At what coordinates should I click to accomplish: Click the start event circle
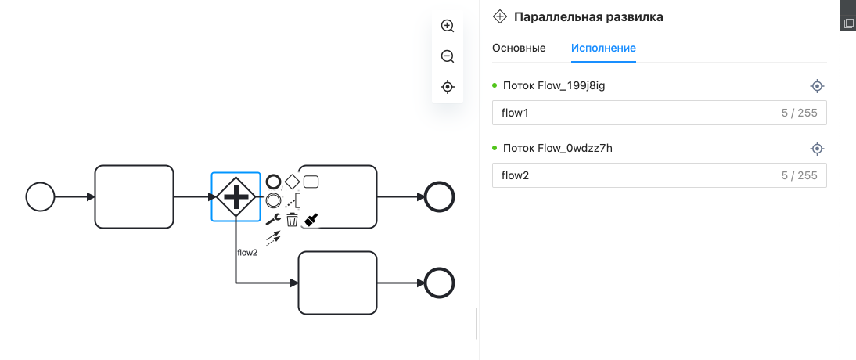[x=40, y=196]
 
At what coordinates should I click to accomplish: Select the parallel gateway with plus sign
[x=236, y=196]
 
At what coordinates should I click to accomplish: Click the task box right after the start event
[x=134, y=196]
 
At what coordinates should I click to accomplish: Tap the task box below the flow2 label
[x=337, y=283]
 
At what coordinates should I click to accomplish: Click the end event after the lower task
[x=438, y=283]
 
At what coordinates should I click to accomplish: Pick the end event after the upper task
[x=438, y=196]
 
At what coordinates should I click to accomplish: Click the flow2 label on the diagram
[x=247, y=253]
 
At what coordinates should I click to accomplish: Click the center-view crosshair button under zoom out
[x=448, y=87]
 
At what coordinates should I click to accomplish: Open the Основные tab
[x=519, y=48]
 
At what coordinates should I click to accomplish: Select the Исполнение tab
[x=603, y=48]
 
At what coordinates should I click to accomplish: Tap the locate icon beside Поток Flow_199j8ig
[x=817, y=86]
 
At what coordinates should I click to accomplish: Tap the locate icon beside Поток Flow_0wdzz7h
[x=817, y=149]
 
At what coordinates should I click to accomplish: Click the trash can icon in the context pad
[x=292, y=220]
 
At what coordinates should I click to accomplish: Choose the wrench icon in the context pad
[x=273, y=220]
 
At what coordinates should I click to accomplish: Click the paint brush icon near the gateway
[x=311, y=221]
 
